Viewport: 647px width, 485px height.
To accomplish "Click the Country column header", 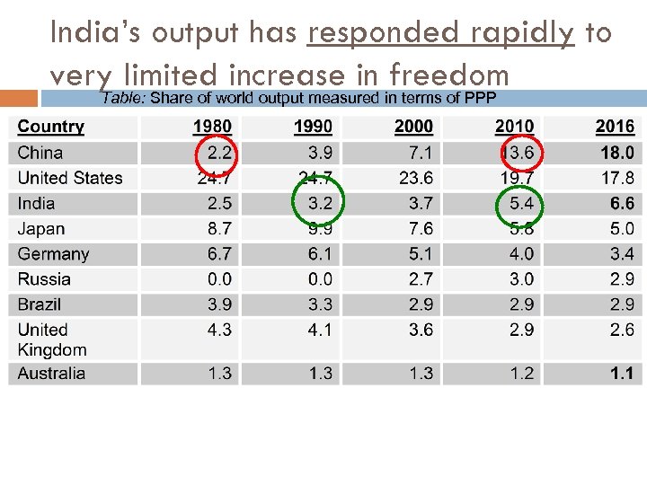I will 51,127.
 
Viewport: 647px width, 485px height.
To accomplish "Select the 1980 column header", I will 212,127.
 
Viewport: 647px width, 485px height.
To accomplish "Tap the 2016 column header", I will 615,127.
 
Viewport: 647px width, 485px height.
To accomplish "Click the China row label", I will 40,153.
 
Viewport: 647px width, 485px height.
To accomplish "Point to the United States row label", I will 70,178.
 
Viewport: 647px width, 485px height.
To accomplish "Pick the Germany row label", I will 53,254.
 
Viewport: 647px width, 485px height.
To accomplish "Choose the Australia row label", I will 52,373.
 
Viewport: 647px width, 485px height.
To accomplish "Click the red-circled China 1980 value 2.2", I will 219,153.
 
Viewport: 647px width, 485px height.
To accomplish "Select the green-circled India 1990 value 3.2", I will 320,204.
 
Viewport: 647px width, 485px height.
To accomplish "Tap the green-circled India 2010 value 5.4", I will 521,204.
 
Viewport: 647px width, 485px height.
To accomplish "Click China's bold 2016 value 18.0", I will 617,153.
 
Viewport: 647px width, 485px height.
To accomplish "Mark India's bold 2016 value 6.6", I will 622,204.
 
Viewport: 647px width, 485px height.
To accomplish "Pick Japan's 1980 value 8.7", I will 219,229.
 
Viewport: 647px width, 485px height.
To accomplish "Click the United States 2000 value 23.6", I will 416,178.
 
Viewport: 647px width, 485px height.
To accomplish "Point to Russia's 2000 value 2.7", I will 421,279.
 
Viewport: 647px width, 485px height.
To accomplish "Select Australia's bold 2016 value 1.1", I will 622,373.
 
